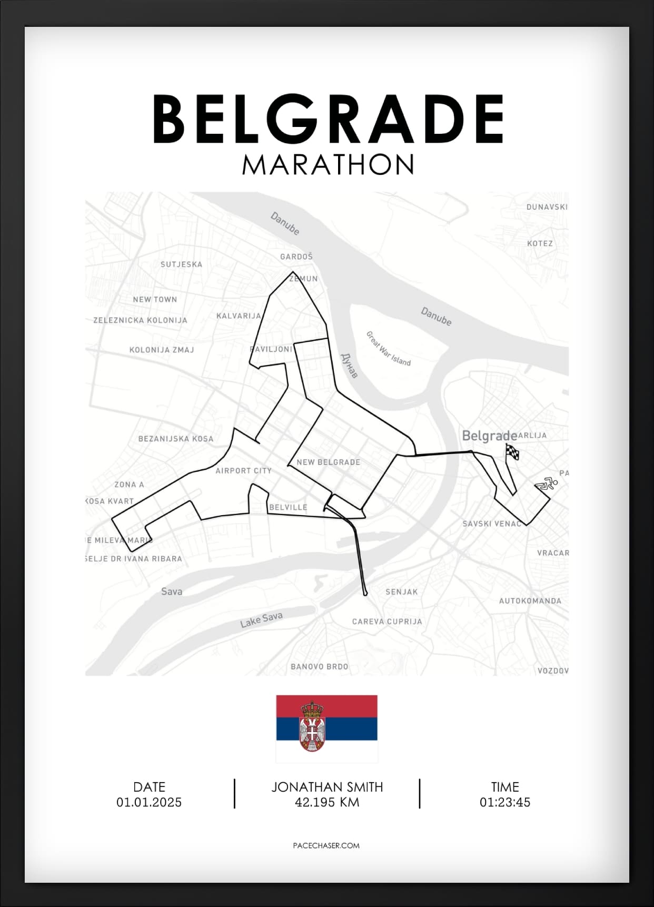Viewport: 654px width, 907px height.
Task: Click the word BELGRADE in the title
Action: (328, 119)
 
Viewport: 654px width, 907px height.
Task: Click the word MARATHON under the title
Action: (328, 165)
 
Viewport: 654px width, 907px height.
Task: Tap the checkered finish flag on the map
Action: (512, 452)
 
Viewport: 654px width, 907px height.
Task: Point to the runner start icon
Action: (547, 484)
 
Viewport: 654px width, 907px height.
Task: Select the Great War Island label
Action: (388, 349)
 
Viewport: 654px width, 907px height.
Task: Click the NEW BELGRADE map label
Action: (329, 462)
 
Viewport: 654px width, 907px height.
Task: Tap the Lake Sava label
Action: (261, 620)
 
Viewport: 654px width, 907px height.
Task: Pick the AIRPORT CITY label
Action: (243, 470)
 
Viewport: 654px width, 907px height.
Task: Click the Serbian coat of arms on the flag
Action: (312, 727)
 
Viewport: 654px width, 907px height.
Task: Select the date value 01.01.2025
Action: (149, 802)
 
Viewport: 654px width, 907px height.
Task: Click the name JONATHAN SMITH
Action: (327, 787)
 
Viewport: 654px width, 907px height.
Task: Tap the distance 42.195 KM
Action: (327, 802)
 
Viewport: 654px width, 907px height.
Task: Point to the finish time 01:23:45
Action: (504, 802)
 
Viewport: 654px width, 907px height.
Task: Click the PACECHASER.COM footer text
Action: (326, 845)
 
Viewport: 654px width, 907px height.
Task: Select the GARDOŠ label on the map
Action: (296, 257)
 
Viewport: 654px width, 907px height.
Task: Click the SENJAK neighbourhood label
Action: (401, 592)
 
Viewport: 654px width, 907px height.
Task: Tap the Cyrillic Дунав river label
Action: (350, 365)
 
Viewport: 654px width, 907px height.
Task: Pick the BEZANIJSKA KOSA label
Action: (176, 439)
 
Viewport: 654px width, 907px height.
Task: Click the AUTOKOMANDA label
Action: (530, 600)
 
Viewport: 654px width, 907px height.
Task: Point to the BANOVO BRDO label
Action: (319, 666)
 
